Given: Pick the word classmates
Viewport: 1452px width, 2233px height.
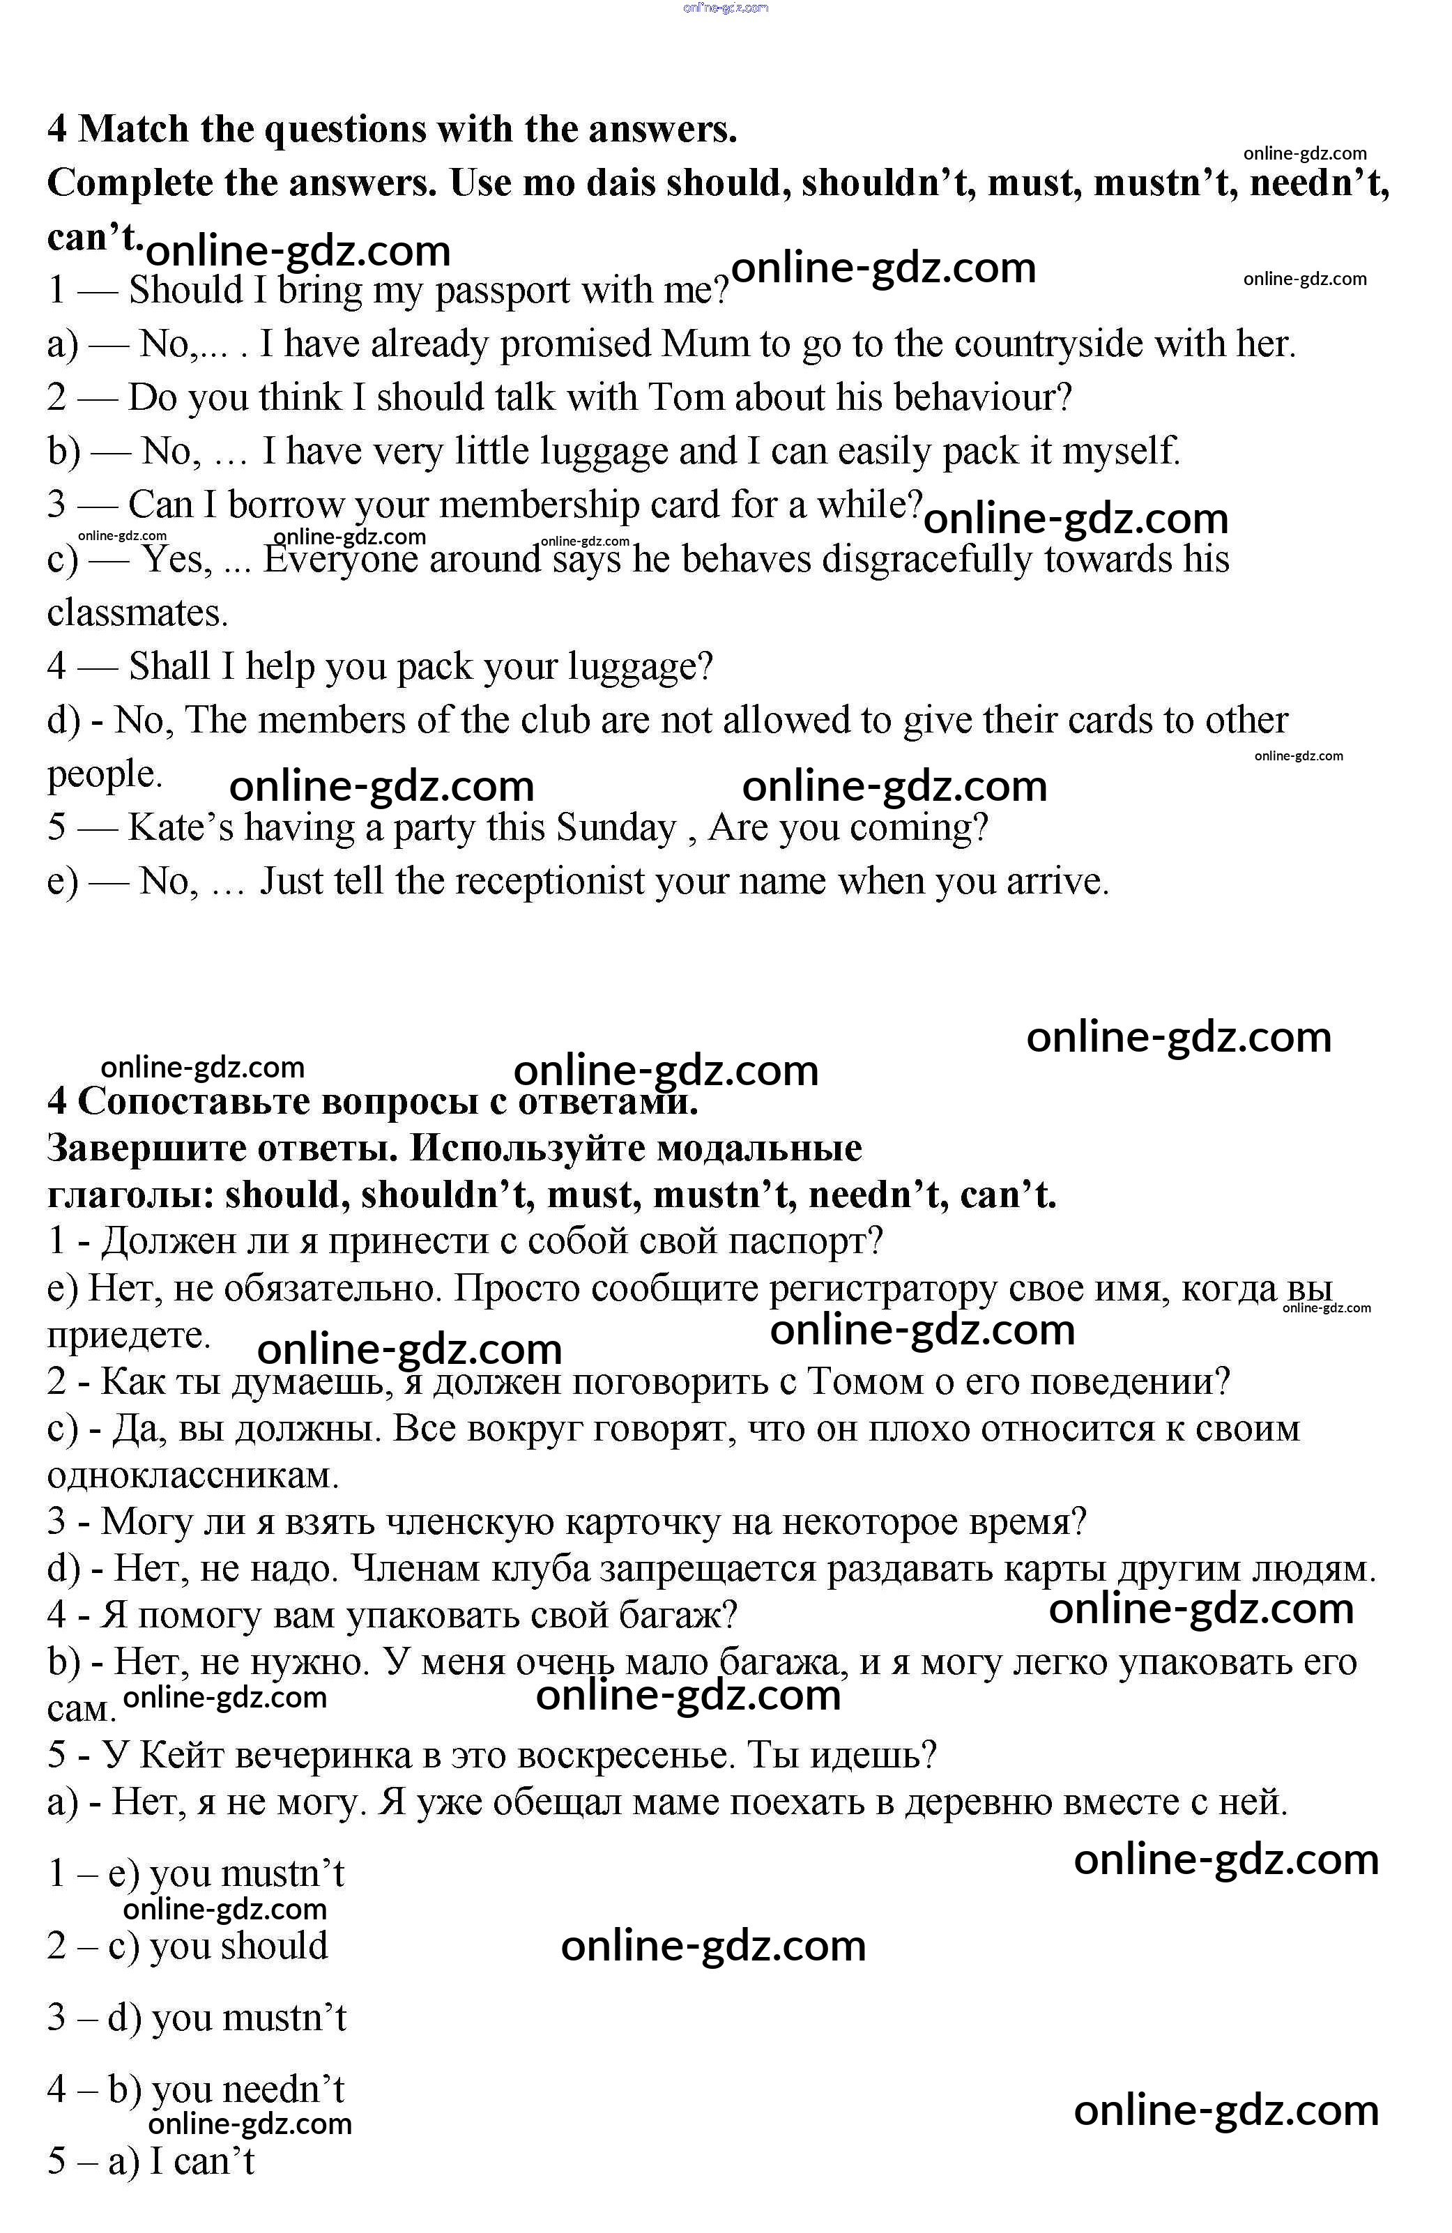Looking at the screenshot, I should click(137, 613).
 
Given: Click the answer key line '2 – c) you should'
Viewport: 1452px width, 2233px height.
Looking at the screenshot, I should click(188, 1946).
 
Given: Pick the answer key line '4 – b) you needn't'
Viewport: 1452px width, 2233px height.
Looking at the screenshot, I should click(196, 2089).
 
